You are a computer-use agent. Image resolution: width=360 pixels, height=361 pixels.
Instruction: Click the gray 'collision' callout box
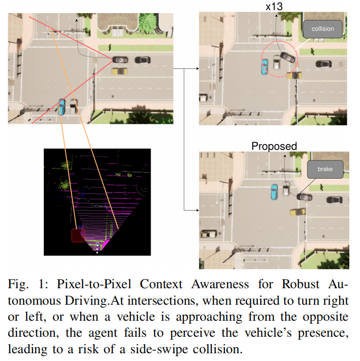pyautogui.click(x=323, y=29)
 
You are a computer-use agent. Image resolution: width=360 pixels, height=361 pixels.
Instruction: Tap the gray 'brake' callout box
pyautogui.click(x=325, y=169)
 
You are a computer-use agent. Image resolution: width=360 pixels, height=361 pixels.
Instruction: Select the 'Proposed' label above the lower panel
pyautogui.click(x=274, y=146)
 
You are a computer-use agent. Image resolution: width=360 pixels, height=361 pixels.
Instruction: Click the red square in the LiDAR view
pyautogui.click(x=78, y=235)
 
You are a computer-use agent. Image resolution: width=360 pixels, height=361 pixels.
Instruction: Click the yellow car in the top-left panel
pyautogui.click(x=119, y=71)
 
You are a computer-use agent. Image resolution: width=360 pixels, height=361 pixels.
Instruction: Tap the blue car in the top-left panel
pyautogui.click(x=62, y=106)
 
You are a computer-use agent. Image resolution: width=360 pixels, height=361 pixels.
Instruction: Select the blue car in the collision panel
pyautogui.click(x=264, y=67)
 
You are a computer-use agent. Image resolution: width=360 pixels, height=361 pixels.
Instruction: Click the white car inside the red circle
pyautogui.click(x=276, y=62)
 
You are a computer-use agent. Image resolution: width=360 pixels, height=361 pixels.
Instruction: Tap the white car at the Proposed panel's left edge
pyautogui.click(x=207, y=234)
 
